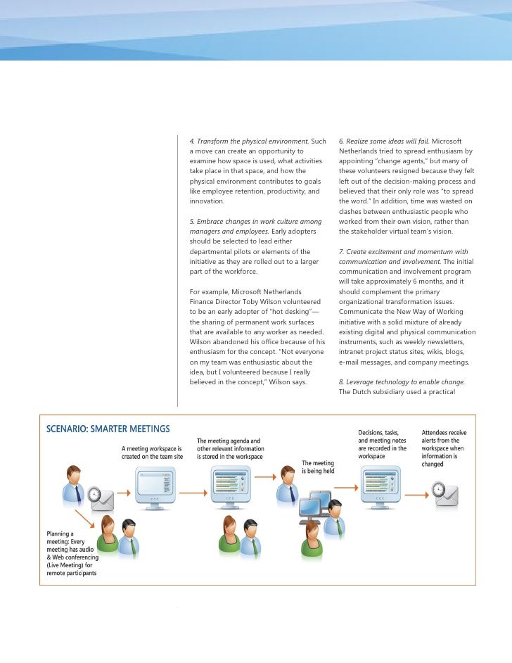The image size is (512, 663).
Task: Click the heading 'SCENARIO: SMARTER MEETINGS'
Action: point(108,429)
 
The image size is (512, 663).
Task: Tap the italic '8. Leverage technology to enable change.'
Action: point(402,381)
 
